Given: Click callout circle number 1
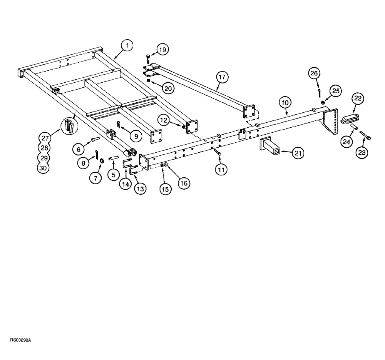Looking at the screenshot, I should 127,45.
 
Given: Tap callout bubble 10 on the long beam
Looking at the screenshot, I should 285,103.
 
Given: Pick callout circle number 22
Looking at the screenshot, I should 357,99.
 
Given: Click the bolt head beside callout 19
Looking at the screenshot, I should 148,58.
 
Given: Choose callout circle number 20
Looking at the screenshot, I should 168,88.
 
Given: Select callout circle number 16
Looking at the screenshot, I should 183,183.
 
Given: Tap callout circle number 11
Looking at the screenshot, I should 221,169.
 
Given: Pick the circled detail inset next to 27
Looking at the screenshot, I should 68,125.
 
